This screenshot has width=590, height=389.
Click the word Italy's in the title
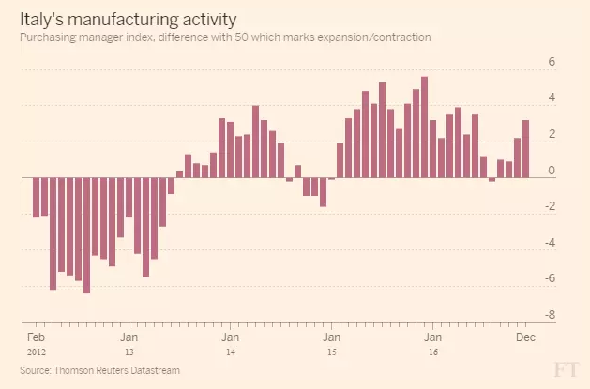click(x=42, y=20)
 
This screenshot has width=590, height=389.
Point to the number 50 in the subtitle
click(x=242, y=37)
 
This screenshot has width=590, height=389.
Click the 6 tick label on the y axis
click(x=552, y=61)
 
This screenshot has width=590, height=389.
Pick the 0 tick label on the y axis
click(x=552, y=171)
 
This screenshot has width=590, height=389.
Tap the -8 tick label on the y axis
click(x=550, y=315)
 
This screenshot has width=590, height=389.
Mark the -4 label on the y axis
click(x=550, y=243)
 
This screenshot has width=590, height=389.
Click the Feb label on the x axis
click(x=37, y=337)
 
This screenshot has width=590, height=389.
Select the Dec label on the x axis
click(x=525, y=337)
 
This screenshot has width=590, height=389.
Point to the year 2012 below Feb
click(x=37, y=352)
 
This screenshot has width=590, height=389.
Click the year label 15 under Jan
click(x=331, y=352)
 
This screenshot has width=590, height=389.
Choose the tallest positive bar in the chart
click(x=424, y=127)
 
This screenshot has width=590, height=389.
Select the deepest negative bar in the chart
click(x=87, y=235)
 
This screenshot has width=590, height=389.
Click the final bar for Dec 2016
click(x=525, y=149)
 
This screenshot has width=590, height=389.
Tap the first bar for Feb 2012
click(x=37, y=198)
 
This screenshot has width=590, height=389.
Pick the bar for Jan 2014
click(x=231, y=150)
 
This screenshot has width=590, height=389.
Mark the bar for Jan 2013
click(x=129, y=198)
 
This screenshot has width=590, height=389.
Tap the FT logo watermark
click(x=566, y=370)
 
